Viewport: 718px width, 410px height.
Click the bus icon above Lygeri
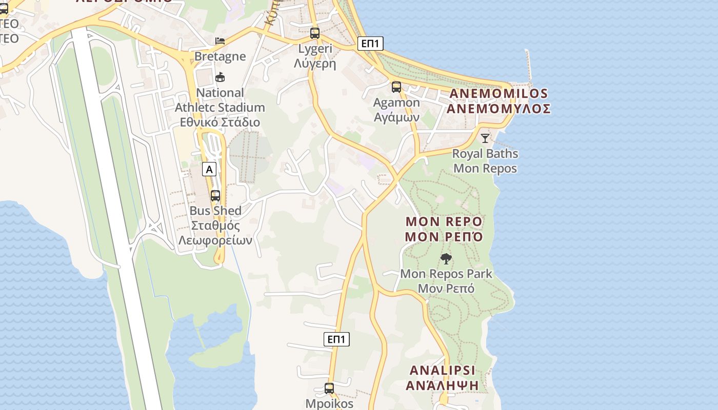[315, 33]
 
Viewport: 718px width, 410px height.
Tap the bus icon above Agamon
[396, 87]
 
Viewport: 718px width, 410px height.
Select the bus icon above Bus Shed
[215, 195]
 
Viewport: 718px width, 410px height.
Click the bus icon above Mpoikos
[329, 388]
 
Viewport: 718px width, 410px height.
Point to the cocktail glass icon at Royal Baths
[485, 138]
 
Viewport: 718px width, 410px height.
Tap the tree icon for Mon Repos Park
[446, 258]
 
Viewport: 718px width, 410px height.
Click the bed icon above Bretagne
[220, 40]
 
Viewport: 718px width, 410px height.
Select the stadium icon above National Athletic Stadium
[220, 77]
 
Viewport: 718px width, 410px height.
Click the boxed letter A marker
[209, 169]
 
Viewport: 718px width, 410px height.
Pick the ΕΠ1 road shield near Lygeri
[370, 44]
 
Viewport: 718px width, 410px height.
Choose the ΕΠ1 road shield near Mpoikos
[337, 339]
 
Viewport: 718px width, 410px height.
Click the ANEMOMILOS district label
[498, 94]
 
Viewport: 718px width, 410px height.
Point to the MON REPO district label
[444, 221]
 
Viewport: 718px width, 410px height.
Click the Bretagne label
[220, 56]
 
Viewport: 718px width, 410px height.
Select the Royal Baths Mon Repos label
[485, 161]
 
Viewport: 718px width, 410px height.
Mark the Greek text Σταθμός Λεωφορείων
[215, 233]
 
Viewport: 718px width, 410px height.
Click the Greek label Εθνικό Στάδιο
[220, 122]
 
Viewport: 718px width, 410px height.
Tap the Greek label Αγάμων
[396, 117]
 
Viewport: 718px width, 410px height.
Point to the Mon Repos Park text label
[446, 274]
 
